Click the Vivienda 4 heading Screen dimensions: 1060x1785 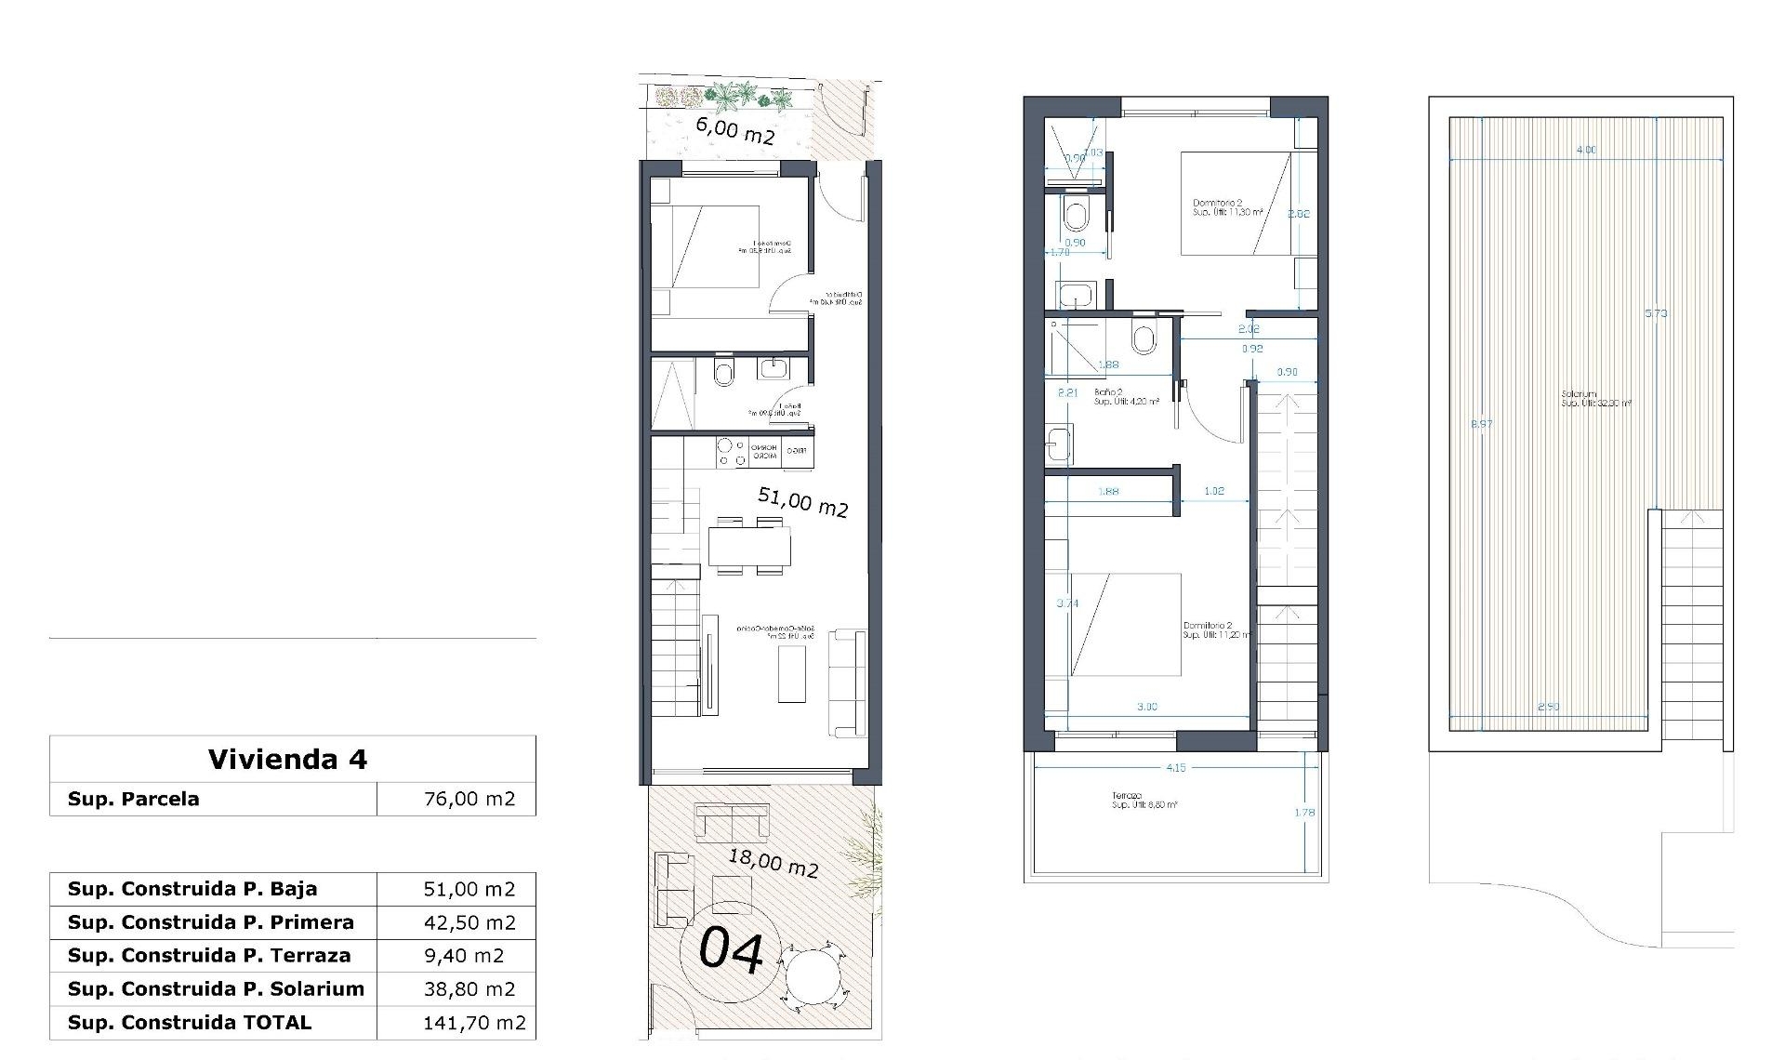click(288, 760)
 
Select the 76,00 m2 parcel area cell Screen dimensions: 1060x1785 click(469, 799)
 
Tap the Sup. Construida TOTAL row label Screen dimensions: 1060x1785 click(190, 1022)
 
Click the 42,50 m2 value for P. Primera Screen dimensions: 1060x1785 click(469, 922)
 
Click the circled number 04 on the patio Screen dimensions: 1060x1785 click(731, 951)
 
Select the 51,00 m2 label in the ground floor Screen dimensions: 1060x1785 click(802, 502)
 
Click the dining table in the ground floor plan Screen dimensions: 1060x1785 click(748, 546)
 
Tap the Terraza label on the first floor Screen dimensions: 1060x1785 click(1126, 796)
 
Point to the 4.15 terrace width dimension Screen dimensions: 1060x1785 click(1175, 768)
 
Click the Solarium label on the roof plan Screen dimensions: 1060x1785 click(1579, 394)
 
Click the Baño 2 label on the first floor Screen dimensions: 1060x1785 click(1105, 392)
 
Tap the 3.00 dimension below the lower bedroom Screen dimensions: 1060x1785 click(1147, 707)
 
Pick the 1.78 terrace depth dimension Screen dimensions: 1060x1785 click(1304, 813)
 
